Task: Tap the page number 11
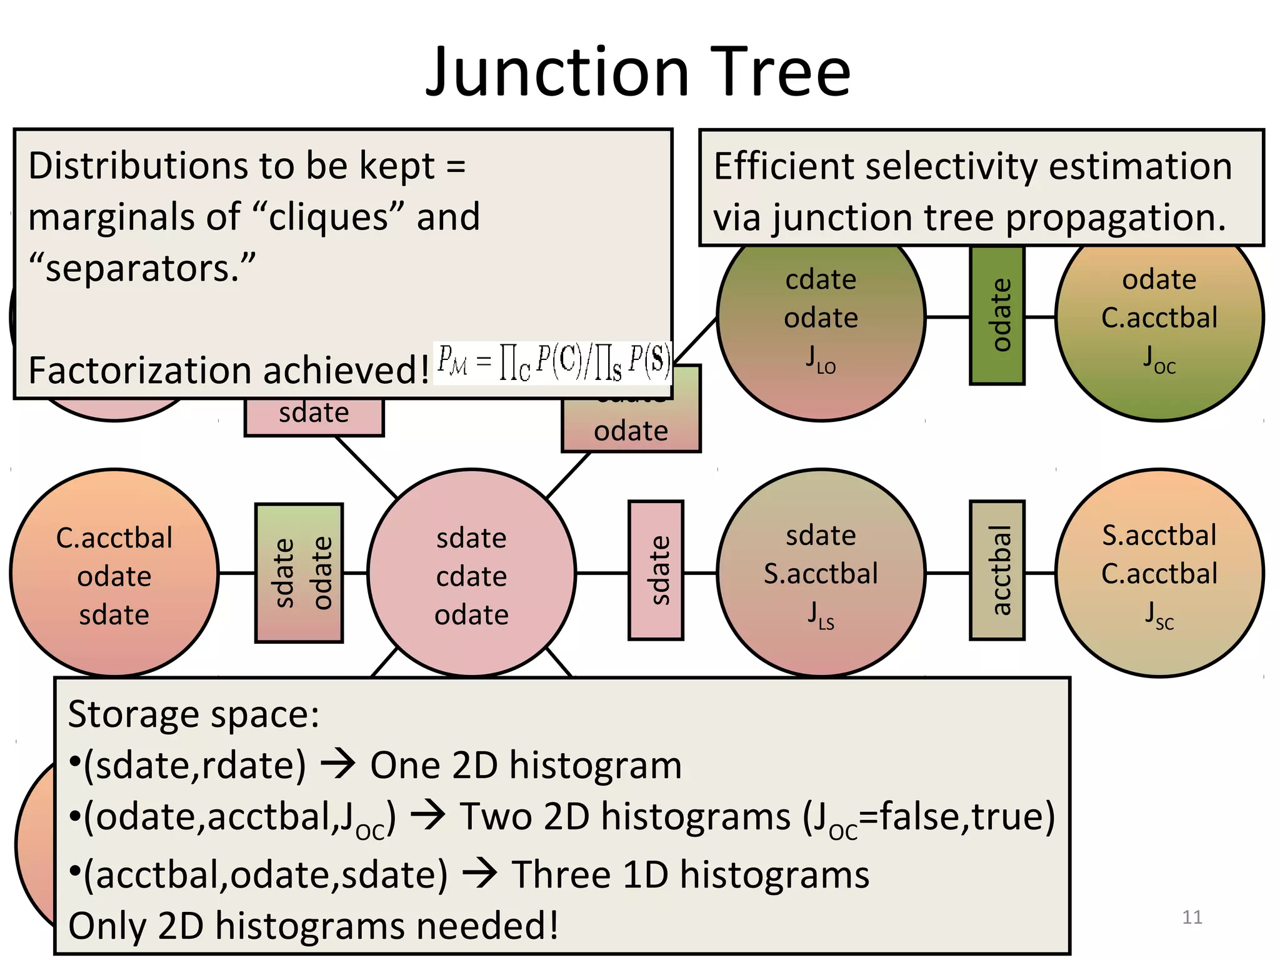pyautogui.click(x=1192, y=917)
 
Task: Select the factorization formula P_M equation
pyautogui.click(x=553, y=362)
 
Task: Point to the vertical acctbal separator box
pyautogui.click(x=997, y=570)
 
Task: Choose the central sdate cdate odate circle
pyautogui.click(x=471, y=574)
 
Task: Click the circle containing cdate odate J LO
pyautogui.click(x=821, y=325)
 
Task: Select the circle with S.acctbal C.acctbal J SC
pyautogui.click(x=1159, y=572)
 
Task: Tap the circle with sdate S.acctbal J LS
pyautogui.click(x=821, y=572)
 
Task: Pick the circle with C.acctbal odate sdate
pyautogui.click(x=114, y=574)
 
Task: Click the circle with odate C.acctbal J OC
pyautogui.click(x=1159, y=325)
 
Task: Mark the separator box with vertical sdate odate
pyautogui.click(x=299, y=572)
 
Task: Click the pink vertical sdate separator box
pyautogui.click(x=656, y=570)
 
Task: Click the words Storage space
pyautogui.click(x=193, y=714)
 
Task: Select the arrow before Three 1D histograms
pyautogui.click(x=479, y=873)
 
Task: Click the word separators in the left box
pyautogui.click(x=142, y=269)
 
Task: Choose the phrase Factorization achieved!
pyautogui.click(x=229, y=370)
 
